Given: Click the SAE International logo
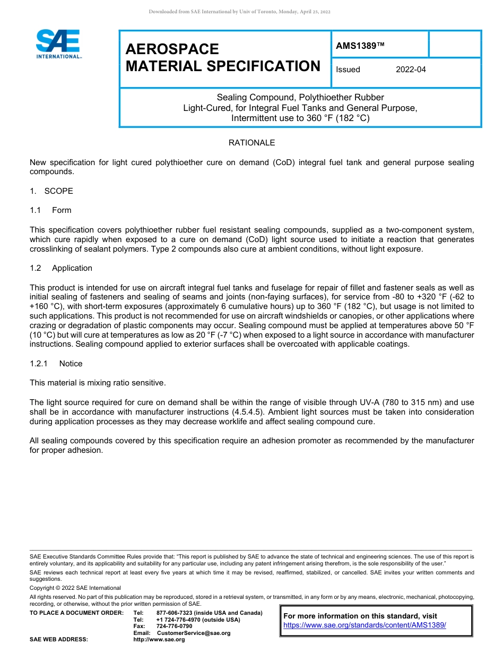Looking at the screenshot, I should [58, 44].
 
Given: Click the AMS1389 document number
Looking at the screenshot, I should [360, 46].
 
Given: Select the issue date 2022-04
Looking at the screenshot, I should [411, 70].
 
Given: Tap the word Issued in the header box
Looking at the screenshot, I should [348, 70].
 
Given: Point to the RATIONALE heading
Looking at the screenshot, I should [251, 143].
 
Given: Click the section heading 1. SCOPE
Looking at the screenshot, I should [51, 191].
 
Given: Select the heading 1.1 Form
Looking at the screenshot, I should [51, 210].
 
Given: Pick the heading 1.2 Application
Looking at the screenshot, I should [61, 268].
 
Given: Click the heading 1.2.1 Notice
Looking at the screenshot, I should [56, 364].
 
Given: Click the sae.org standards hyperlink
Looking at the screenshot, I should [364, 625].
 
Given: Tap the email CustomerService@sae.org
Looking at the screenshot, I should [194, 633].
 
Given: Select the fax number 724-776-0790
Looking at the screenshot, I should [174, 626].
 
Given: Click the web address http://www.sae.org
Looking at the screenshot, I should [159, 640].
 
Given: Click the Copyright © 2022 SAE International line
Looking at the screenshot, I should [75, 588].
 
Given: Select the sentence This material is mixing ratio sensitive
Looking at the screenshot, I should [98, 383].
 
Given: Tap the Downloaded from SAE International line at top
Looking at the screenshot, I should [240, 12].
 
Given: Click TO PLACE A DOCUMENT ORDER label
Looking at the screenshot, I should [76, 613].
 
